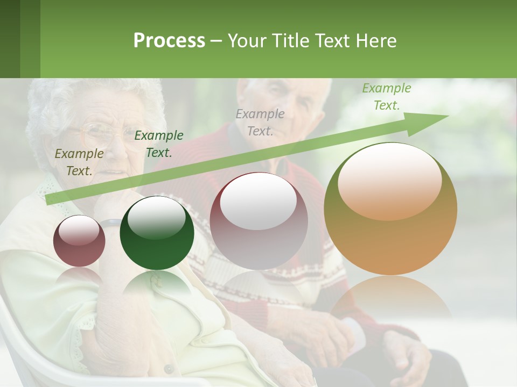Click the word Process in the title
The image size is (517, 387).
point(169,41)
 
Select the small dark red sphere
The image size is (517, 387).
point(79,241)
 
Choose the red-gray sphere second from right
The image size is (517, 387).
point(259,220)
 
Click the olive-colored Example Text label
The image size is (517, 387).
point(79,162)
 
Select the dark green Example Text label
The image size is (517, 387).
point(158,144)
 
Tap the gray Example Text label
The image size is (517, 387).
point(260,122)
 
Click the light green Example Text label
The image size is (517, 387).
point(386,97)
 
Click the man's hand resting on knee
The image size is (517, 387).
point(409,355)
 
